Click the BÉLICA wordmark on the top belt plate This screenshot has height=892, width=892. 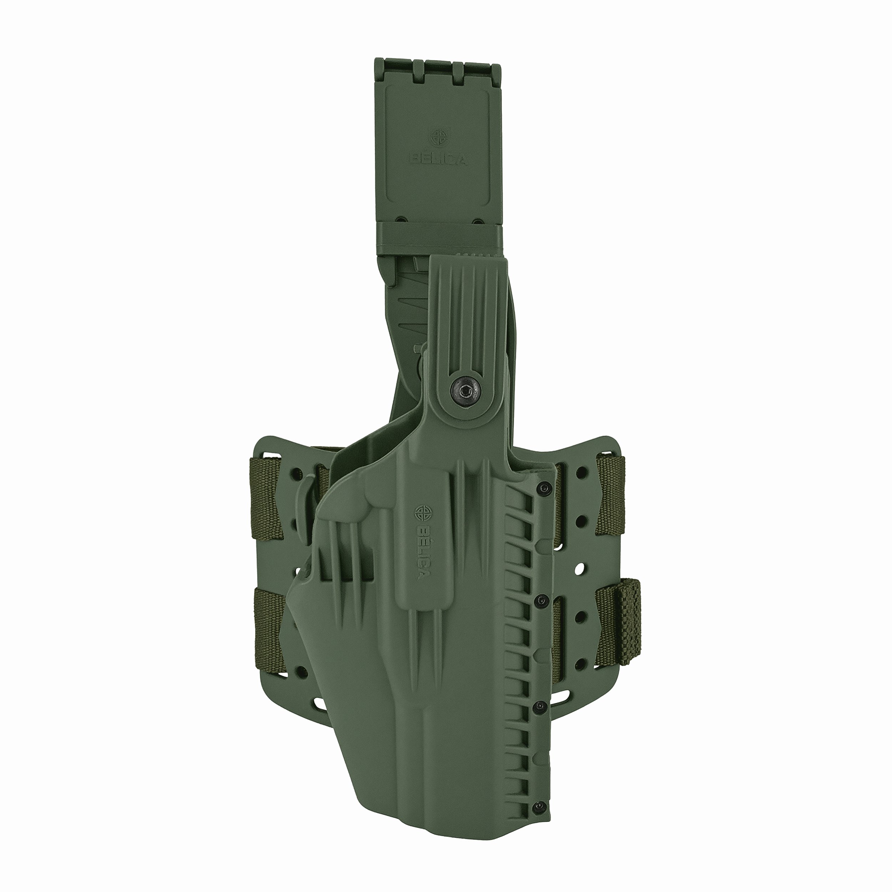click(438, 160)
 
